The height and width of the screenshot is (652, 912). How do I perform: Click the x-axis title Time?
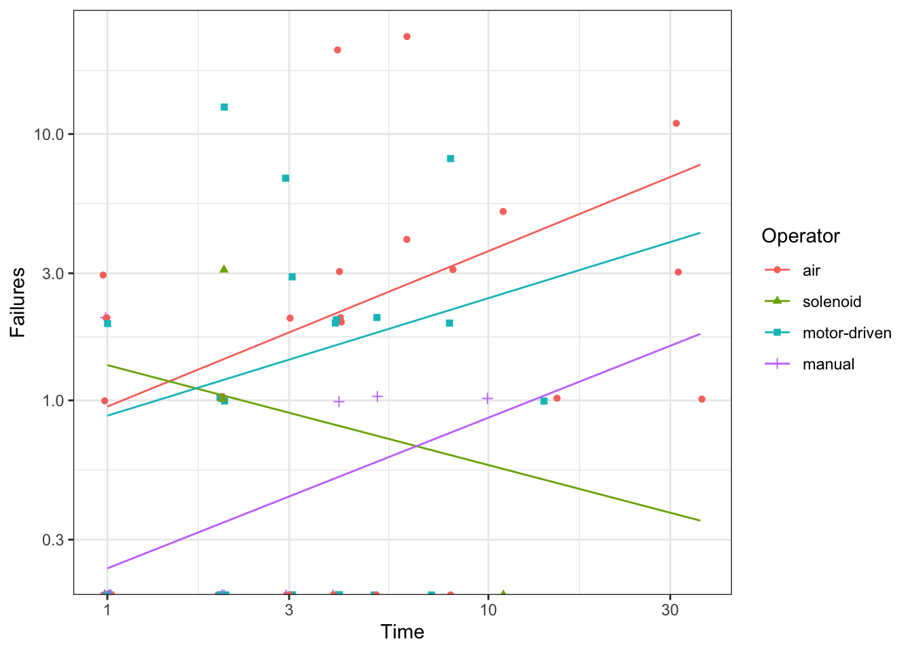(x=402, y=632)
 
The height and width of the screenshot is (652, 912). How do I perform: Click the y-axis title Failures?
(x=18, y=302)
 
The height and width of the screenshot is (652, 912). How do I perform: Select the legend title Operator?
(x=801, y=236)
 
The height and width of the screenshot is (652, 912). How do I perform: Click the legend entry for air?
(x=812, y=270)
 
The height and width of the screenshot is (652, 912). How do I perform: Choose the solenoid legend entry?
(x=831, y=302)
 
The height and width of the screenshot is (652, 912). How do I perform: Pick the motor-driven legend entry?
(x=846, y=333)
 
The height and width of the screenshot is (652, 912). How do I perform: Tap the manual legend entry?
(x=828, y=364)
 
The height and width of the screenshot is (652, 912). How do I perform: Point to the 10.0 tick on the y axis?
(x=49, y=134)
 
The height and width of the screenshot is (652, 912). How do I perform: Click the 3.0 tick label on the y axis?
(x=53, y=274)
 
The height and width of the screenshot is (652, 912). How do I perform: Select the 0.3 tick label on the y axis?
(x=53, y=540)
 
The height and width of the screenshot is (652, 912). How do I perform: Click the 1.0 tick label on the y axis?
(x=53, y=401)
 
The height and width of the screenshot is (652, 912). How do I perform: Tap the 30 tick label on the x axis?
(x=670, y=610)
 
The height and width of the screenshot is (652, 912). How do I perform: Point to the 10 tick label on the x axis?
(x=488, y=610)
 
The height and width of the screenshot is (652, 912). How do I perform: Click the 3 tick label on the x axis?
(x=289, y=610)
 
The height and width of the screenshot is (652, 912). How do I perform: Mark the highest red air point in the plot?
(x=407, y=37)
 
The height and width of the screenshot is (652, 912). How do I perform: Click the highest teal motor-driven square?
(x=225, y=107)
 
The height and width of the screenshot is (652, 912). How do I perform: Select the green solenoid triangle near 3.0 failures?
(x=224, y=270)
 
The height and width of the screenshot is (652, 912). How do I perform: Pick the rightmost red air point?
(x=702, y=399)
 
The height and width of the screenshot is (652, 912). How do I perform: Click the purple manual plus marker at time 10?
(x=487, y=398)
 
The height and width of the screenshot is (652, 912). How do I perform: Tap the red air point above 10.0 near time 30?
(x=676, y=124)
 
